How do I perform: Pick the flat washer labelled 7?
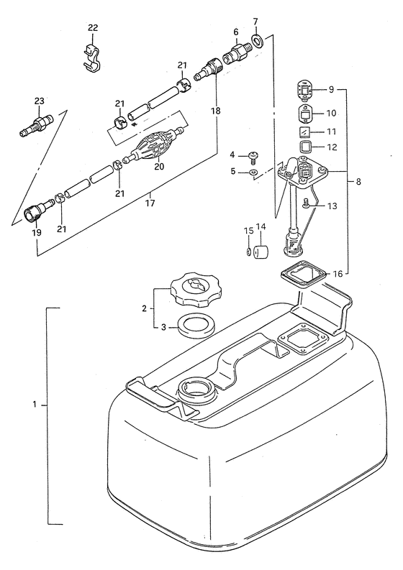pyautogui.click(x=258, y=41)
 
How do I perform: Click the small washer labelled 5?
pyautogui.click(x=253, y=172)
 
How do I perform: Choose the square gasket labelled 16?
pyautogui.click(x=306, y=276)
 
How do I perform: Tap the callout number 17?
pyautogui.click(x=150, y=203)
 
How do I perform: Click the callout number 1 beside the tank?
pyautogui.click(x=35, y=404)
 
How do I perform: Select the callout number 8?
pyautogui.click(x=358, y=181)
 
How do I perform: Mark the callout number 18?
pyautogui.click(x=215, y=111)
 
